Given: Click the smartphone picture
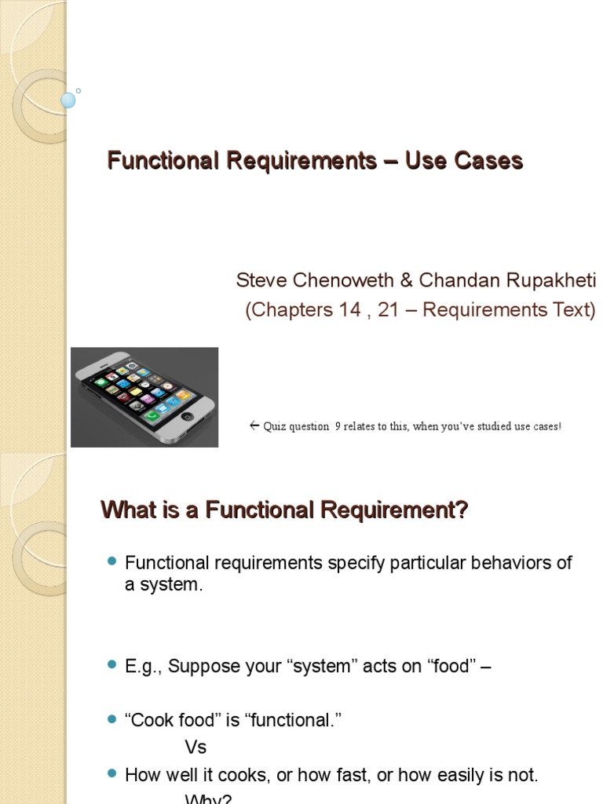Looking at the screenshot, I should click(144, 397).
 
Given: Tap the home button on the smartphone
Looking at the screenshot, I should click(187, 415).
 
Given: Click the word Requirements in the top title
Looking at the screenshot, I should click(301, 161).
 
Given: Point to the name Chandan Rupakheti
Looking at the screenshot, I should click(507, 281).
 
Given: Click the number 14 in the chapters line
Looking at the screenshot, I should click(338, 310).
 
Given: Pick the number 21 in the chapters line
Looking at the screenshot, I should click(388, 310).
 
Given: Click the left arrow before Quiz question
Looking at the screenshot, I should click(254, 426).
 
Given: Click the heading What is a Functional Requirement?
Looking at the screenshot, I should click(284, 511).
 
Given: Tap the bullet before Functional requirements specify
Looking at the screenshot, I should click(111, 562).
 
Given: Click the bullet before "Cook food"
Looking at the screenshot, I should click(111, 720).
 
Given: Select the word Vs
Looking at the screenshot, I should click(196, 747).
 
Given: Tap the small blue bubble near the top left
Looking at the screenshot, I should click(68, 100).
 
